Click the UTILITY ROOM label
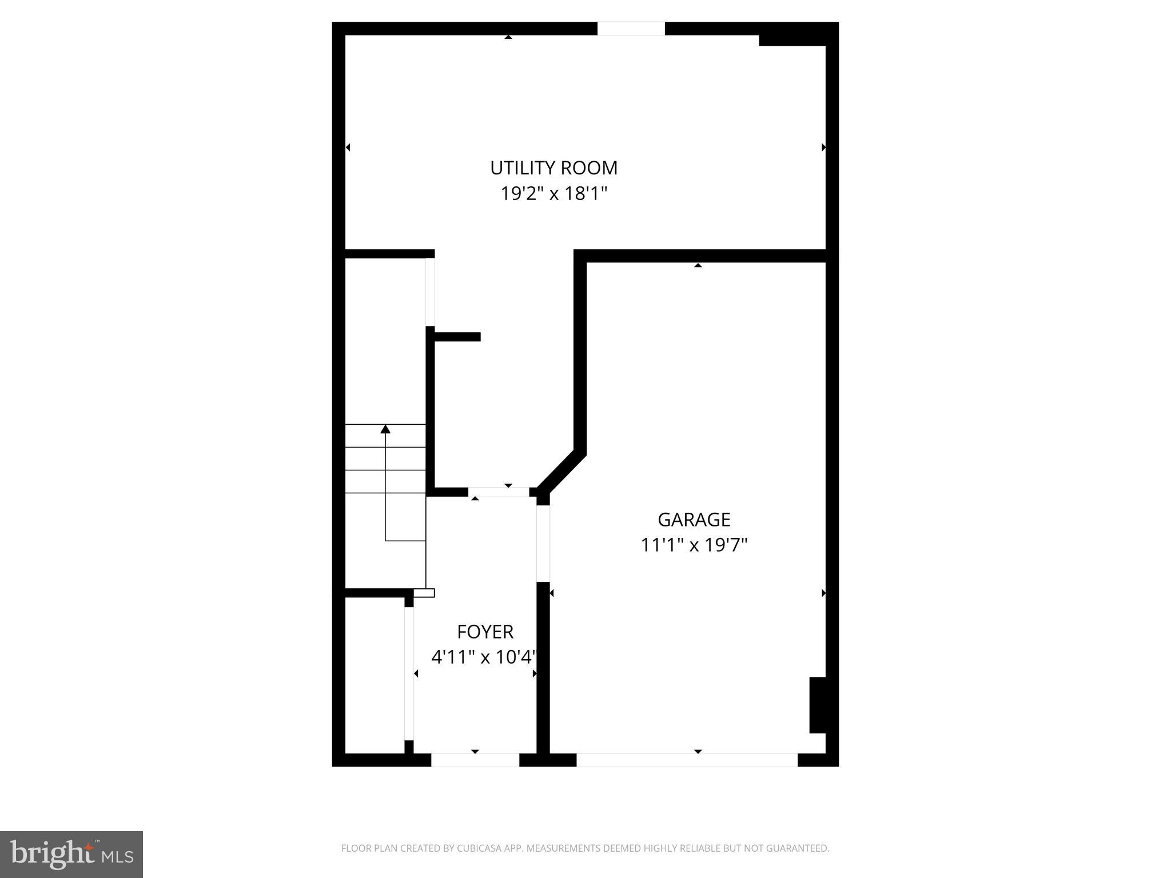pos(553,168)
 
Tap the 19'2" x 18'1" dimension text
pos(553,194)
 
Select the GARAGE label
pos(694,520)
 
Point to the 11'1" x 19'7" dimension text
pos(694,545)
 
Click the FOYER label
pos(485,632)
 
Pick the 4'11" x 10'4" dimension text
pos(484,657)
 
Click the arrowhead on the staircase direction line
pos(385,429)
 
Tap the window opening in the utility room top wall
pos(631,29)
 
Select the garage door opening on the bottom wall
pos(686,760)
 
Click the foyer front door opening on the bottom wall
pos(475,760)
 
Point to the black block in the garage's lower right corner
pos(818,705)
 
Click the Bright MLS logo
pos(71,854)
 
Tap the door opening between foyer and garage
pos(543,544)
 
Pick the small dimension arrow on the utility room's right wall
pos(823,147)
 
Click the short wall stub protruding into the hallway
pos(457,337)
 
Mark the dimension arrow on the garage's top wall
pos(698,265)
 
